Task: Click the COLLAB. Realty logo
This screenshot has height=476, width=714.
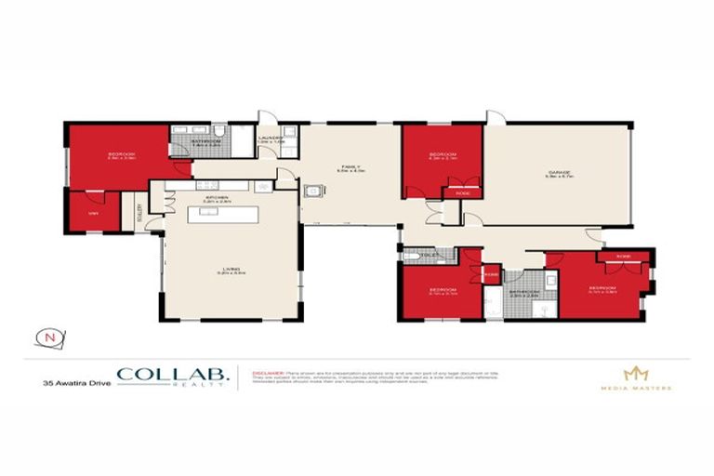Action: [171, 377]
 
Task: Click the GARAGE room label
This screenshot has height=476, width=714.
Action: [559, 171]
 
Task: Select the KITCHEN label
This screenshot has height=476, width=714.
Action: [217, 197]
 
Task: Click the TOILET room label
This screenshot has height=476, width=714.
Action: [429, 254]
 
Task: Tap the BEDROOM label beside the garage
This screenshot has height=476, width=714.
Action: [441, 155]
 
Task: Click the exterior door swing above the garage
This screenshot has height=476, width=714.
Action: [496, 116]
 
